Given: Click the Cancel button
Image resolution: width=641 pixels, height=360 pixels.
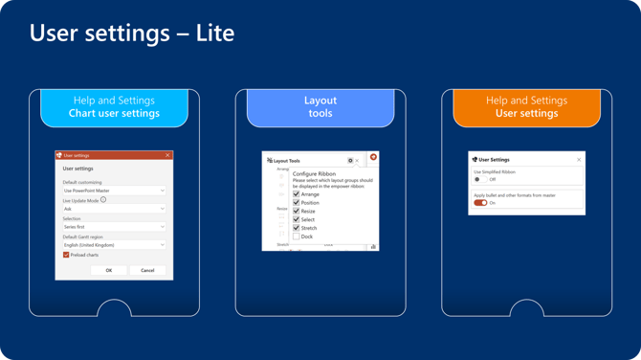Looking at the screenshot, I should pyautogui.click(x=147, y=270).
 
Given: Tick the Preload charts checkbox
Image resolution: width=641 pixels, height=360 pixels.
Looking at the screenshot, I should pyautogui.click(x=66, y=256).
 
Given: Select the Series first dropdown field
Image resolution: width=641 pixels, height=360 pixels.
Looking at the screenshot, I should pyautogui.click(x=114, y=227).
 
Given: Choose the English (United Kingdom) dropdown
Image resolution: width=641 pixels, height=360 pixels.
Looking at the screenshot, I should pyautogui.click(x=114, y=245).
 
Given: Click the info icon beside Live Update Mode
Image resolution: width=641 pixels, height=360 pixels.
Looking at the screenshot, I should pyautogui.click(x=103, y=200).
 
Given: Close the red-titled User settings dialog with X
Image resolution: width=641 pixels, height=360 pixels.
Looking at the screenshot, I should pyautogui.click(x=167, y=155).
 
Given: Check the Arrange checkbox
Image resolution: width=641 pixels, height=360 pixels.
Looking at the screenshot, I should pyautogui.click(x=297, y=194).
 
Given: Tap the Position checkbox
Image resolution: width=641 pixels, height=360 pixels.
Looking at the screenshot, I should pyautogui.click(x=297, y=203).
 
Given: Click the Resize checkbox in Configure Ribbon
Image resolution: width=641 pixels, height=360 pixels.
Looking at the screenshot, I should pyautogui.click(x=297, y=212).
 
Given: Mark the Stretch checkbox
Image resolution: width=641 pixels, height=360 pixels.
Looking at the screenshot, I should pyautogui.click(x=297, y=228).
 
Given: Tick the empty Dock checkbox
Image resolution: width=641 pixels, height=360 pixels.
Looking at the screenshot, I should pyautogui.click(x=297, y=236).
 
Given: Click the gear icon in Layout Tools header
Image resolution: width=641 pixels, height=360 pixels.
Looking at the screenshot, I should pyautogui.click(x=350, y=161).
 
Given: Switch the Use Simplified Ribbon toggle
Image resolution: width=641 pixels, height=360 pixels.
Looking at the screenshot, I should pyautogui.click(x=479, y=179).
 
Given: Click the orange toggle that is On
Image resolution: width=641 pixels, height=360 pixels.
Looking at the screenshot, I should pyautogui.click(x=480, y=203).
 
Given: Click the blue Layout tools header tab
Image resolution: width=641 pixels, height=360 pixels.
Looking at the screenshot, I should pyautogui.click(x=320, y=107).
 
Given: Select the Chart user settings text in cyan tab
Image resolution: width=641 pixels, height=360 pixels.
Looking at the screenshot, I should pyautogui.click(x=114, y=114).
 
